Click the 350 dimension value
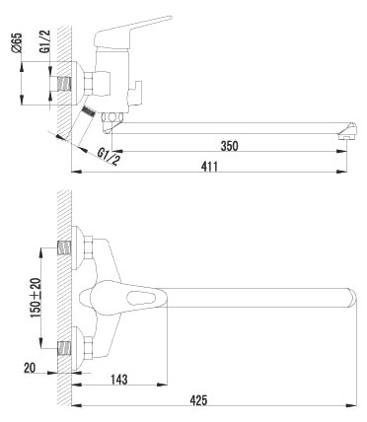pos(229,146)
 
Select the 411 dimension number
pos(209,167)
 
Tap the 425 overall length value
pos(198,400)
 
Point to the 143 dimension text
pos(118,380)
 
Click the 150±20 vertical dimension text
pos(37,298)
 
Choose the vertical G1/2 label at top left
pos(45,41)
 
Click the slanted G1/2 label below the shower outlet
pos(109,157)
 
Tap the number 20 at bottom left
pos(30,368)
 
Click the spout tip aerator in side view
pos(347,131)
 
